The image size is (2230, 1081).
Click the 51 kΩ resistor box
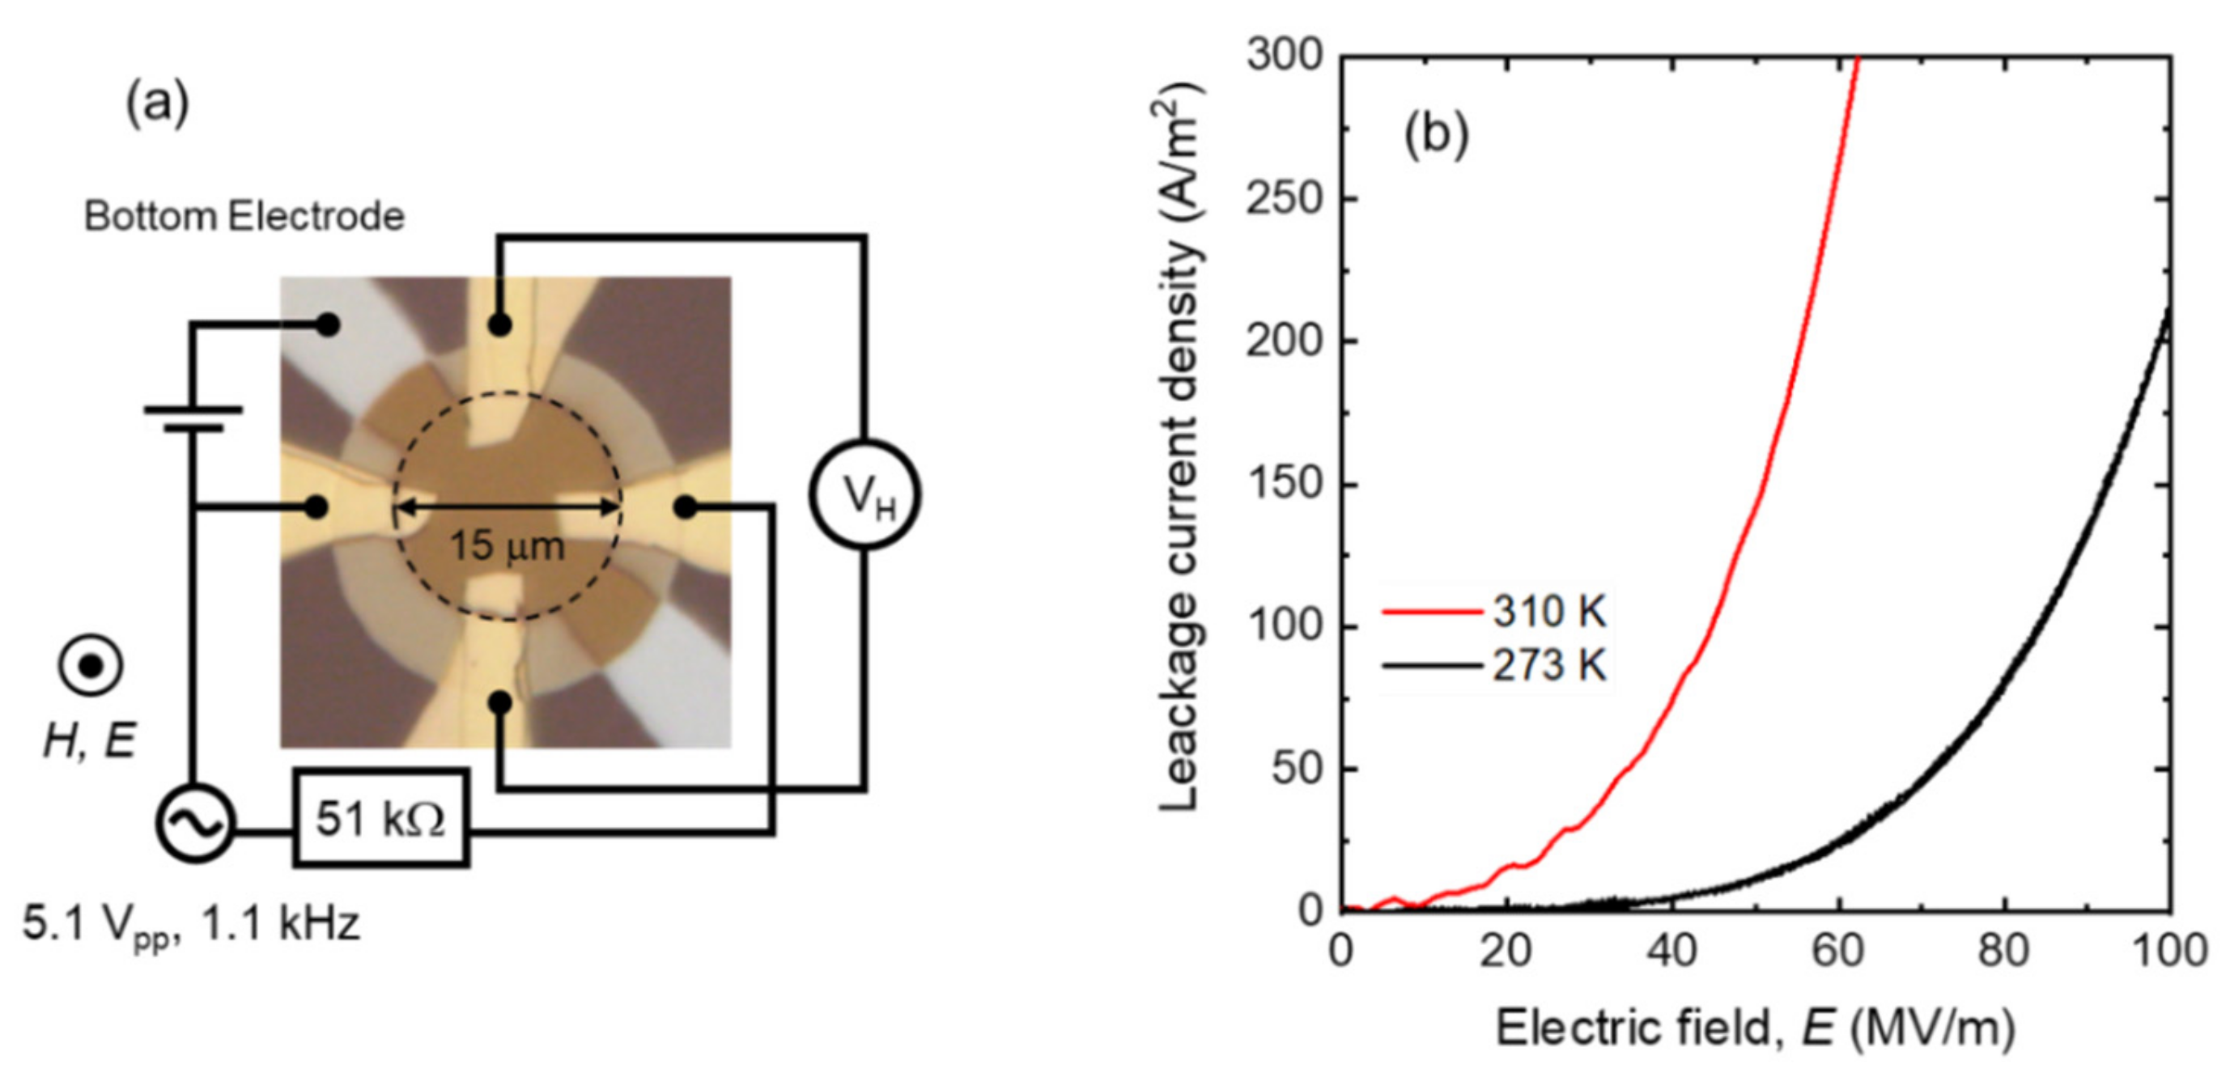click(381, 818)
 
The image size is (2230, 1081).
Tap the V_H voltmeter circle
click(864, 495)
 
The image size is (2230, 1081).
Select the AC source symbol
click(196, 823)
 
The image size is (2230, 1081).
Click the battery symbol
click(193, 418)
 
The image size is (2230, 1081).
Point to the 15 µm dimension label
click(507, 546)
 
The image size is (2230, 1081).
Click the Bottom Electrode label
click(244, 216)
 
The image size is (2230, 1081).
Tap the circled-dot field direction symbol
click(91, 666)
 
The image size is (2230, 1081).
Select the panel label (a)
click(157, 104)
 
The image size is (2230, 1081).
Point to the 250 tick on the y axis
click(1285, 199)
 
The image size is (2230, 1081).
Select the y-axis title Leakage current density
click(1179, 446)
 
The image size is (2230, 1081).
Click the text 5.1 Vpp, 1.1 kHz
click(190, 924)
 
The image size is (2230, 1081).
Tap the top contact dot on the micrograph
click(499, 325)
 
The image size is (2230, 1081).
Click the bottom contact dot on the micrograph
click(499, 703)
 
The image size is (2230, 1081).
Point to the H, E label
click(90, 741)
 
